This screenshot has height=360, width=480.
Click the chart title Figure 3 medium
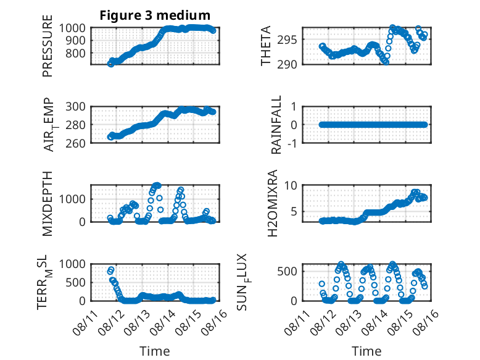(x=155, y=15)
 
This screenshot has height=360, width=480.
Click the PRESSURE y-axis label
(x=48, y=46)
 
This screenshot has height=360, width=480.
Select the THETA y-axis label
(x=266, y=46)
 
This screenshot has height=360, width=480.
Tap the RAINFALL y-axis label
(x=276, y=125)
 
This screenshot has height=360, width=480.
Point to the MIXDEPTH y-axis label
(x=48, y=203)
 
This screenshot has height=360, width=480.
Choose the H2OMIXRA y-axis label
(x=272, y=203)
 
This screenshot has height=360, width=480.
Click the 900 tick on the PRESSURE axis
(x=72, y=40)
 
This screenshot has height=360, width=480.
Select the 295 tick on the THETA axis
(x=287, y=40)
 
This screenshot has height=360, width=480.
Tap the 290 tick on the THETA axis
(x=287, y=65)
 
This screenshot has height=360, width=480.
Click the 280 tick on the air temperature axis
(x=75, y=125)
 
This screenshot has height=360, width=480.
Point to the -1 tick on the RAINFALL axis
(x=292, y=143)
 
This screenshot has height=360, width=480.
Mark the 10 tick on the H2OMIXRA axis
(x=291, y=185)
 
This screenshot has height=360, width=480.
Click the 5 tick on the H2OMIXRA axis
(x=294, y=211)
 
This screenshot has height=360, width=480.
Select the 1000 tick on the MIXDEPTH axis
(x=72, y=199)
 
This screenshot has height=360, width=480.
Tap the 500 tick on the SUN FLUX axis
(x=287, y=272)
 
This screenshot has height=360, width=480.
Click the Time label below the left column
(x=155, y=351)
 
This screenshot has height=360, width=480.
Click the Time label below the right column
(x=366, y=351)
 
